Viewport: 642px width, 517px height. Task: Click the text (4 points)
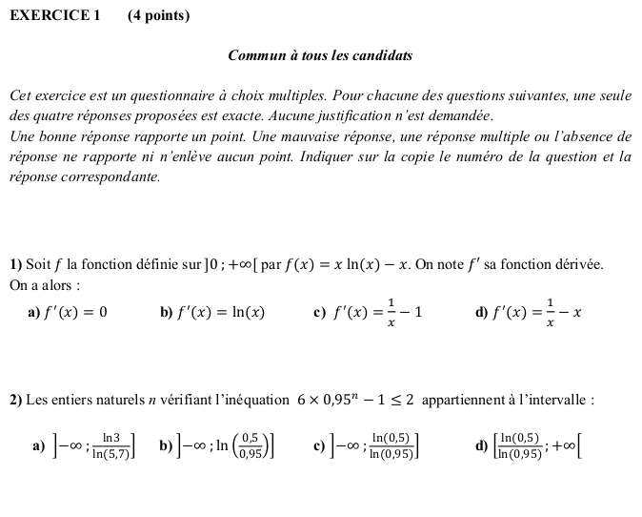click(x=158, y=15)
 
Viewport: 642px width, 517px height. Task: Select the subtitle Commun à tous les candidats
click(x=320, y=55)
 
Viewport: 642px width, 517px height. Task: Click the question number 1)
click(x=16, y=265)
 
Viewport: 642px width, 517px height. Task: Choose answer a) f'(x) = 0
click(x=74, y=312)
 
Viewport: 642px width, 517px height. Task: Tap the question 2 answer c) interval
click(x=374, y=444)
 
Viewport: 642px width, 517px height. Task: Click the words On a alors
click(x=42, y=284)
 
